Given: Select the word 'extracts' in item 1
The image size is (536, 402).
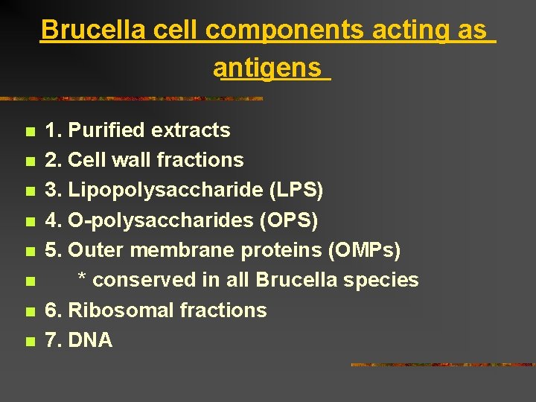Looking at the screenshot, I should pyautogui.click(x=191, y=130).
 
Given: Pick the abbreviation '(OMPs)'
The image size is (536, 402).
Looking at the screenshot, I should pyautogui.click(x=365, y=250).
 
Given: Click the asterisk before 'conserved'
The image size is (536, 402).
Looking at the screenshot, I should pyautogui.click(x=83, y=278).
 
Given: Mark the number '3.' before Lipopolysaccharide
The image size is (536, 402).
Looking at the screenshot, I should pyautogui.click(x=54, y=191).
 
